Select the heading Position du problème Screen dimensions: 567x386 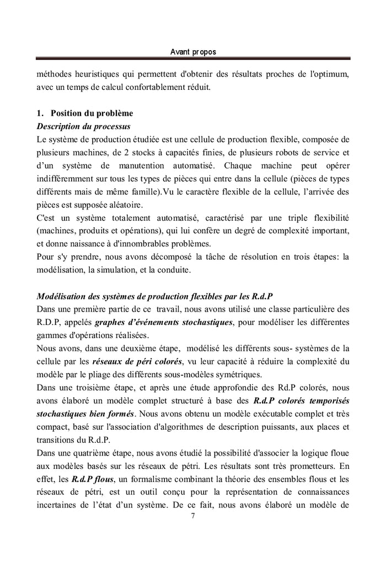[92, 113]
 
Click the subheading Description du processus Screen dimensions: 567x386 [83, 126]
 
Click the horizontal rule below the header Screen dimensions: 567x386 [192, 58]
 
